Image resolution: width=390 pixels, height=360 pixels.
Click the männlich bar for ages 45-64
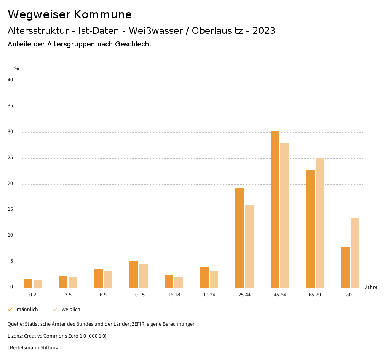pos(275,209)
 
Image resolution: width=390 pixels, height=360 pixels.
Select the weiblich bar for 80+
pos(355,253)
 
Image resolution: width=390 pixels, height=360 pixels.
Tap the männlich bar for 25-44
pos(240,237)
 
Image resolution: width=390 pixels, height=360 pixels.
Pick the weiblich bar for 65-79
pos(320,223)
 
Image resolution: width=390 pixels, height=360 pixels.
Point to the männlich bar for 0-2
pos(28,284)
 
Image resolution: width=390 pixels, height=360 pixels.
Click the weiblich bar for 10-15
pos(144,276)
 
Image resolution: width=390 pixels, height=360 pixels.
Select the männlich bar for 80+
pos(345,268)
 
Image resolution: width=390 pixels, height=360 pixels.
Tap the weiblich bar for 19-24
pos(214,279)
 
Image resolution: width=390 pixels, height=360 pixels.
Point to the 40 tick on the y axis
pos(10,80)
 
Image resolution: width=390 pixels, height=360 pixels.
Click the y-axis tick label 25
pos(10,158)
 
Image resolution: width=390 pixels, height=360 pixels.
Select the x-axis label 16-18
pos(174,295)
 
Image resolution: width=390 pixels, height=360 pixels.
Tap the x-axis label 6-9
pos(103,295)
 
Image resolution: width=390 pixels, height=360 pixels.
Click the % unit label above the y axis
pos(17,68)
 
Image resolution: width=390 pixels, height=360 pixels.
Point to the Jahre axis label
pos(371,287)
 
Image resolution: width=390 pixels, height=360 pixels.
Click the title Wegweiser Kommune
pos(70,14)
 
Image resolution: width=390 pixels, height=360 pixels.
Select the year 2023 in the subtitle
pos(264,31)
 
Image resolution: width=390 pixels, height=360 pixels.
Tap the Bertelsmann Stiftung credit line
pos(34,348)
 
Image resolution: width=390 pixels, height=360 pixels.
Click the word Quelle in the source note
pos(15,324)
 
